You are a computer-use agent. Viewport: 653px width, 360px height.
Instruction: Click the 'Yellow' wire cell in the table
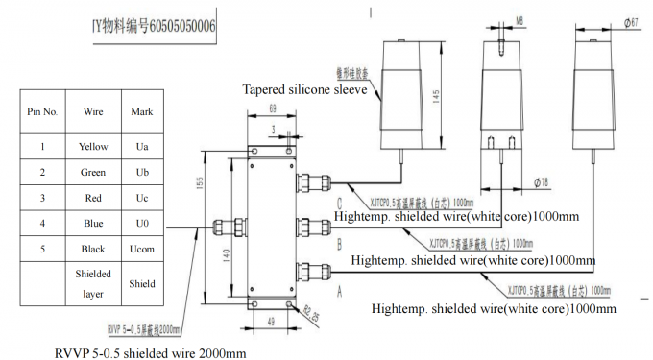pyautogui.click(x=93, y=147)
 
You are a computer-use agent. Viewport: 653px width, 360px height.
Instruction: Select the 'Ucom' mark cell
pyautogui.click(x=142, y=248)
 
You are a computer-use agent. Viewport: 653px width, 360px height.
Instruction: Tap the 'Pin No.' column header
pyautogui.click(x=42, y=111)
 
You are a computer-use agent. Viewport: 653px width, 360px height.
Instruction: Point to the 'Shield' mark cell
pyautogui.click(x=142, y=284)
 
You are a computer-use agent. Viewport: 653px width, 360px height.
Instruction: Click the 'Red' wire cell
pyautogui.click(x=93, y=197)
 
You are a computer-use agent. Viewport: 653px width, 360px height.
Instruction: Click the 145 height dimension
pyautogui.click(x=439, y=96)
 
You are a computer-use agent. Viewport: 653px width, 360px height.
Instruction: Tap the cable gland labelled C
pyautogui.click(x=313, y=180)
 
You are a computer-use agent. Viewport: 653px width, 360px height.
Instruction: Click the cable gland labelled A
pyautogui.click(x=313, y=272)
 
